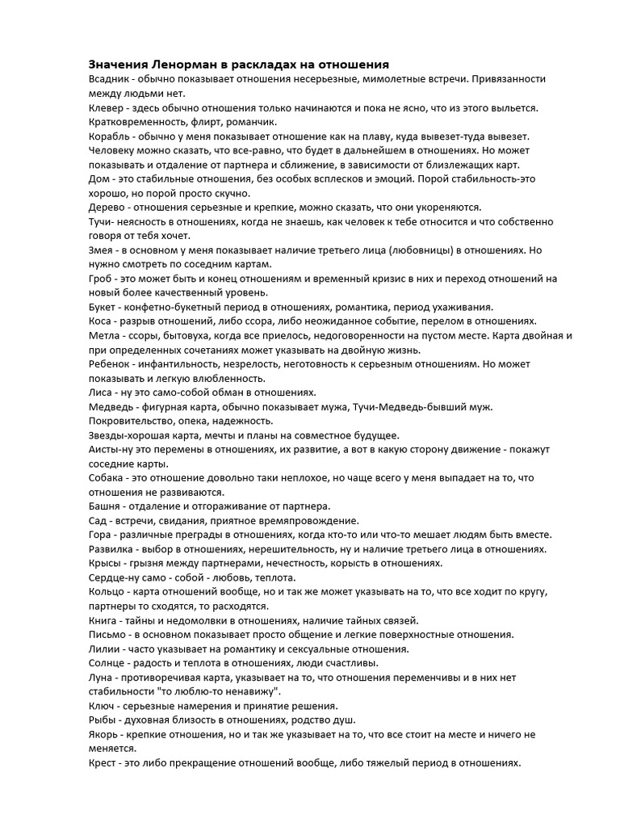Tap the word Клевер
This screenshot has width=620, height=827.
(x=107, y=107)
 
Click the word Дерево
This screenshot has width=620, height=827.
(x=109, y=206)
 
